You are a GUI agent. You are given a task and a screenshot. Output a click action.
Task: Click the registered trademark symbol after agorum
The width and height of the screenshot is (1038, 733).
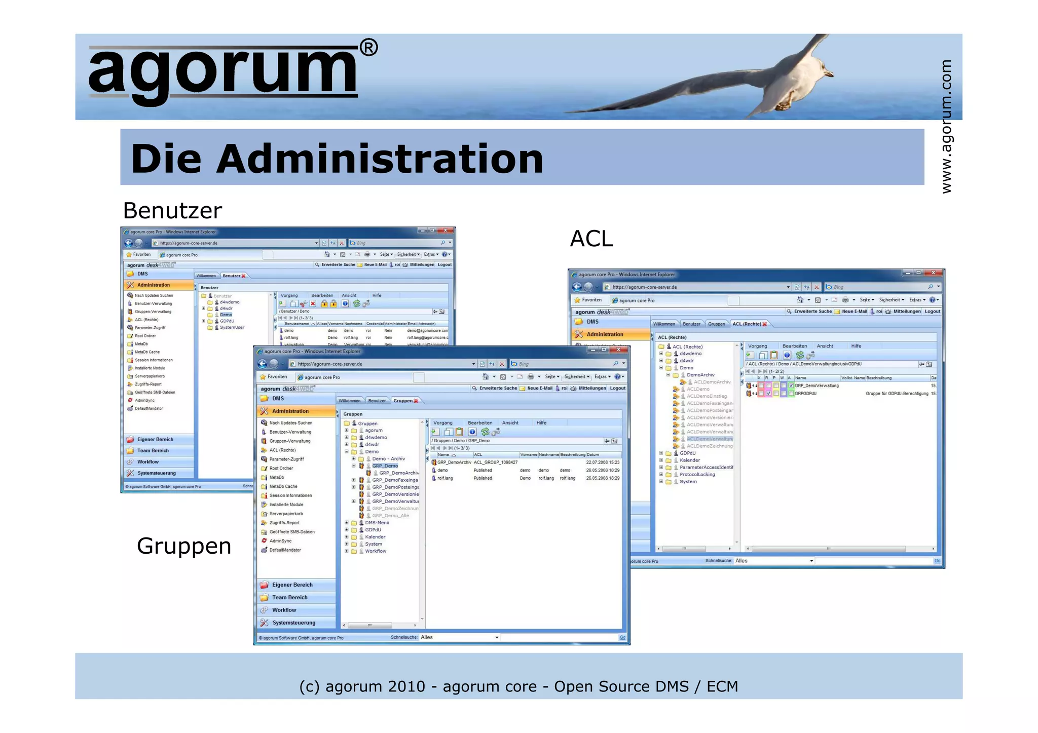(368, 48)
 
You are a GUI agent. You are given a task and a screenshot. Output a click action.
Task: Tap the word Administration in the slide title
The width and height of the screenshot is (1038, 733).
(380, 159)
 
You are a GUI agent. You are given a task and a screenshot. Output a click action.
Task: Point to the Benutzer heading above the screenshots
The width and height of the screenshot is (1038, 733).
(172, 211)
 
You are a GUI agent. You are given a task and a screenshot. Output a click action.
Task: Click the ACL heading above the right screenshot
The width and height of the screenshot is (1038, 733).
(591, 239)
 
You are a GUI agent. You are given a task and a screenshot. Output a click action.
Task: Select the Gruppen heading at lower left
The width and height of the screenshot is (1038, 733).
(184, 546)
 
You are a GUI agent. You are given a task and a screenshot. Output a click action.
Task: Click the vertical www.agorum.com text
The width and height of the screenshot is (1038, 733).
(946, 127)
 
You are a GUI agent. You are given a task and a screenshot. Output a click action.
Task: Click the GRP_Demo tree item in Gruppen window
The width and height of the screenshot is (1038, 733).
(385, 466)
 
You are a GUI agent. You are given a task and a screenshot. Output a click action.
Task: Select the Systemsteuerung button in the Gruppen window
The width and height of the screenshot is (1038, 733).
(293, 623)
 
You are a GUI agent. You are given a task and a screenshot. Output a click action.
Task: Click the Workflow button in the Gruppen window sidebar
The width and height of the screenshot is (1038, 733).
(284, 610)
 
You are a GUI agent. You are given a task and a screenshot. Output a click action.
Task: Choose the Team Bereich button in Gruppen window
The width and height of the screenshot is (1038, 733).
(289, 597)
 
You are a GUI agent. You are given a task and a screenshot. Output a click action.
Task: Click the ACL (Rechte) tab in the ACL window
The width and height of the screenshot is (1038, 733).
(747, 324)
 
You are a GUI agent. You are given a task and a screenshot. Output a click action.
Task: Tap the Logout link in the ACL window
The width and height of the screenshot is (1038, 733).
(932, 312)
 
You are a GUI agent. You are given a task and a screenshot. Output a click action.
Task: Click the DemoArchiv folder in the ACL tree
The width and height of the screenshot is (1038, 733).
(700, 375)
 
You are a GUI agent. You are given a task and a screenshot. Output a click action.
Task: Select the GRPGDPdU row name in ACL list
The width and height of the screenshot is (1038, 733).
(805, 394)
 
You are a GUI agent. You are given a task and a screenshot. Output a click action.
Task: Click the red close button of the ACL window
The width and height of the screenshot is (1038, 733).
(933, 273)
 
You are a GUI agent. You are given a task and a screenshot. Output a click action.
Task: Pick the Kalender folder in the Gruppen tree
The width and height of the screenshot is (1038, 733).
(375, 537)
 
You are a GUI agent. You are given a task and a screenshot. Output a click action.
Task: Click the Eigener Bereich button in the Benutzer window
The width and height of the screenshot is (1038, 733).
(155, 439)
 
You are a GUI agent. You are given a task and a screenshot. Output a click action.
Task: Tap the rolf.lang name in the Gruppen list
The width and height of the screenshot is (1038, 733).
(445, 478)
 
